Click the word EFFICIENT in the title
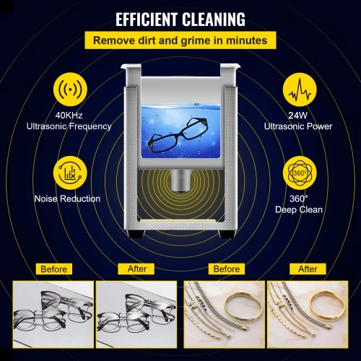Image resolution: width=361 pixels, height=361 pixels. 147,19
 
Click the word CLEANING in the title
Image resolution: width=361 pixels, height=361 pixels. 214,19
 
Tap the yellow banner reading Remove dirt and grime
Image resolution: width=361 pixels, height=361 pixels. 180,40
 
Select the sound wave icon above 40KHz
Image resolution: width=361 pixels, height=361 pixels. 70,90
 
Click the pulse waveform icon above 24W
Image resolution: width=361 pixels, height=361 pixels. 300,90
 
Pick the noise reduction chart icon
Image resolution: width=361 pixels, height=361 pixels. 70,173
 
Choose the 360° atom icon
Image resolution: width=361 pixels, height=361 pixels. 300,173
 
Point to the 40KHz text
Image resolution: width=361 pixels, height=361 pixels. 69,116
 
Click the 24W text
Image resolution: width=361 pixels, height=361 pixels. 298,116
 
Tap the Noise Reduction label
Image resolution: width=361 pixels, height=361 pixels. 67,199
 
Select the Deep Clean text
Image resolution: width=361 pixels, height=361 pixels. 299,209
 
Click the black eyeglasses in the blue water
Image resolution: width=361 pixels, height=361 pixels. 178,134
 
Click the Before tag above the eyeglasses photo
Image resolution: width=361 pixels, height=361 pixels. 54,269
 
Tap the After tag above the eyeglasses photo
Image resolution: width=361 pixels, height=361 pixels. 136,269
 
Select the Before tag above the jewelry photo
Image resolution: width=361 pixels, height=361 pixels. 227,269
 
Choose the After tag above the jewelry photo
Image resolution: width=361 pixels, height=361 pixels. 308,269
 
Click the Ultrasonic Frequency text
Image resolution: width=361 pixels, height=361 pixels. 69,126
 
